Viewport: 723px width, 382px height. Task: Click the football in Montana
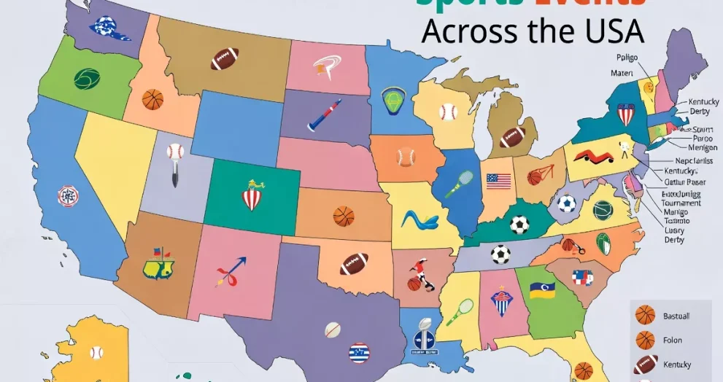click(x=225, y=59)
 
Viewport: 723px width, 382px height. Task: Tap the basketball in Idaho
click(x=152, y=99)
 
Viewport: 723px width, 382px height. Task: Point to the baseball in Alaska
click(x=96, y=353)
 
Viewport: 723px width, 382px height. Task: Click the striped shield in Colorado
click(x=252, y=196)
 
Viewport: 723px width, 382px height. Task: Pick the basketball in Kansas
click(x=343, y=216)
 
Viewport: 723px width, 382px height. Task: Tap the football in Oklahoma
click(x=354, y=263)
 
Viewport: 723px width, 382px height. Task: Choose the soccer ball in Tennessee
click(x=500, y=254)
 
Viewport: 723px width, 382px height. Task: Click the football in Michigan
click(x=512, y=136)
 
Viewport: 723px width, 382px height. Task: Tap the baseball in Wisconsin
click(x=448, y=112)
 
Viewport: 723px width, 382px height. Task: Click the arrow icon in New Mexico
click(x=231, y=270)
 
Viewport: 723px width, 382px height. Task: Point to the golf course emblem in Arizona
click(x=156, y=264)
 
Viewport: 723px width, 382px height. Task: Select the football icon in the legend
click(x=645, y=364)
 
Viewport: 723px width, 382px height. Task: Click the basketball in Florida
click(x=583, y=370)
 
